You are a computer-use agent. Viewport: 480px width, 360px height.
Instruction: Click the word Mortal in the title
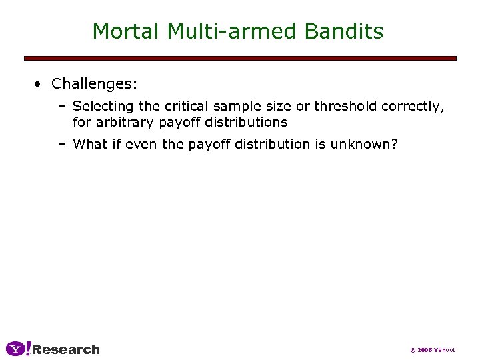126,31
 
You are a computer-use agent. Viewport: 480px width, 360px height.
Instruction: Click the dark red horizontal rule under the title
240,59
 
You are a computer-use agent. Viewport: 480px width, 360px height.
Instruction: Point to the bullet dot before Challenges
39,84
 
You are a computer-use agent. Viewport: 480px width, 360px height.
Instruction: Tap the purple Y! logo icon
18,349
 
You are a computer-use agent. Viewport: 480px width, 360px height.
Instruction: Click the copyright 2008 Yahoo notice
432,350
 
